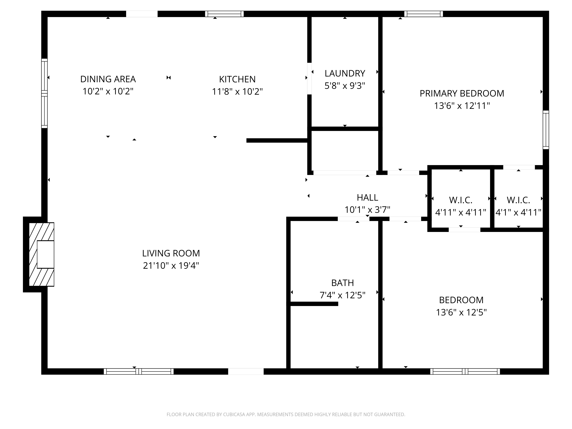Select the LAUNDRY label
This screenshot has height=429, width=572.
[x=345, y=74]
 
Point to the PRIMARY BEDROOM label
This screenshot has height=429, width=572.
[x=462, y=93]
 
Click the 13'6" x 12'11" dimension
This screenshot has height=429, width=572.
[x=462, y=106]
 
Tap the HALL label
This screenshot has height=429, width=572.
[x=367, y=198]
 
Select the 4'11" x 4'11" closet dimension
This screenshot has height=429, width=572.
[x=461, y=212]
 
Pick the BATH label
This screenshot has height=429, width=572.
[x=342, y=283]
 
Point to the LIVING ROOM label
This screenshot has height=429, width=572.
[x=171, y=253]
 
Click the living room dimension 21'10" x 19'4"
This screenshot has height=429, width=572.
[x=171, y=266]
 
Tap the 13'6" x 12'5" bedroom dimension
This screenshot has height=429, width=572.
[x=461, y=312]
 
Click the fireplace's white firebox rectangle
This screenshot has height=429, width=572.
[x=45, y=254]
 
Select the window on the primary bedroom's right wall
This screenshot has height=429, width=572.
[x=546, y=130]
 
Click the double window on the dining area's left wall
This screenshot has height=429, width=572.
[x=44, y=93]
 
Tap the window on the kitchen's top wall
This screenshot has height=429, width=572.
[x=224, y=14]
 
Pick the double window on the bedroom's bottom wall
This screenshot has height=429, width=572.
[x=465, y=371]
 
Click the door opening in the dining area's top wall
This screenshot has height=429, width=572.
[x=142, y=14]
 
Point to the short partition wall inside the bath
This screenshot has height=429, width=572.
[x=314, y=304]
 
